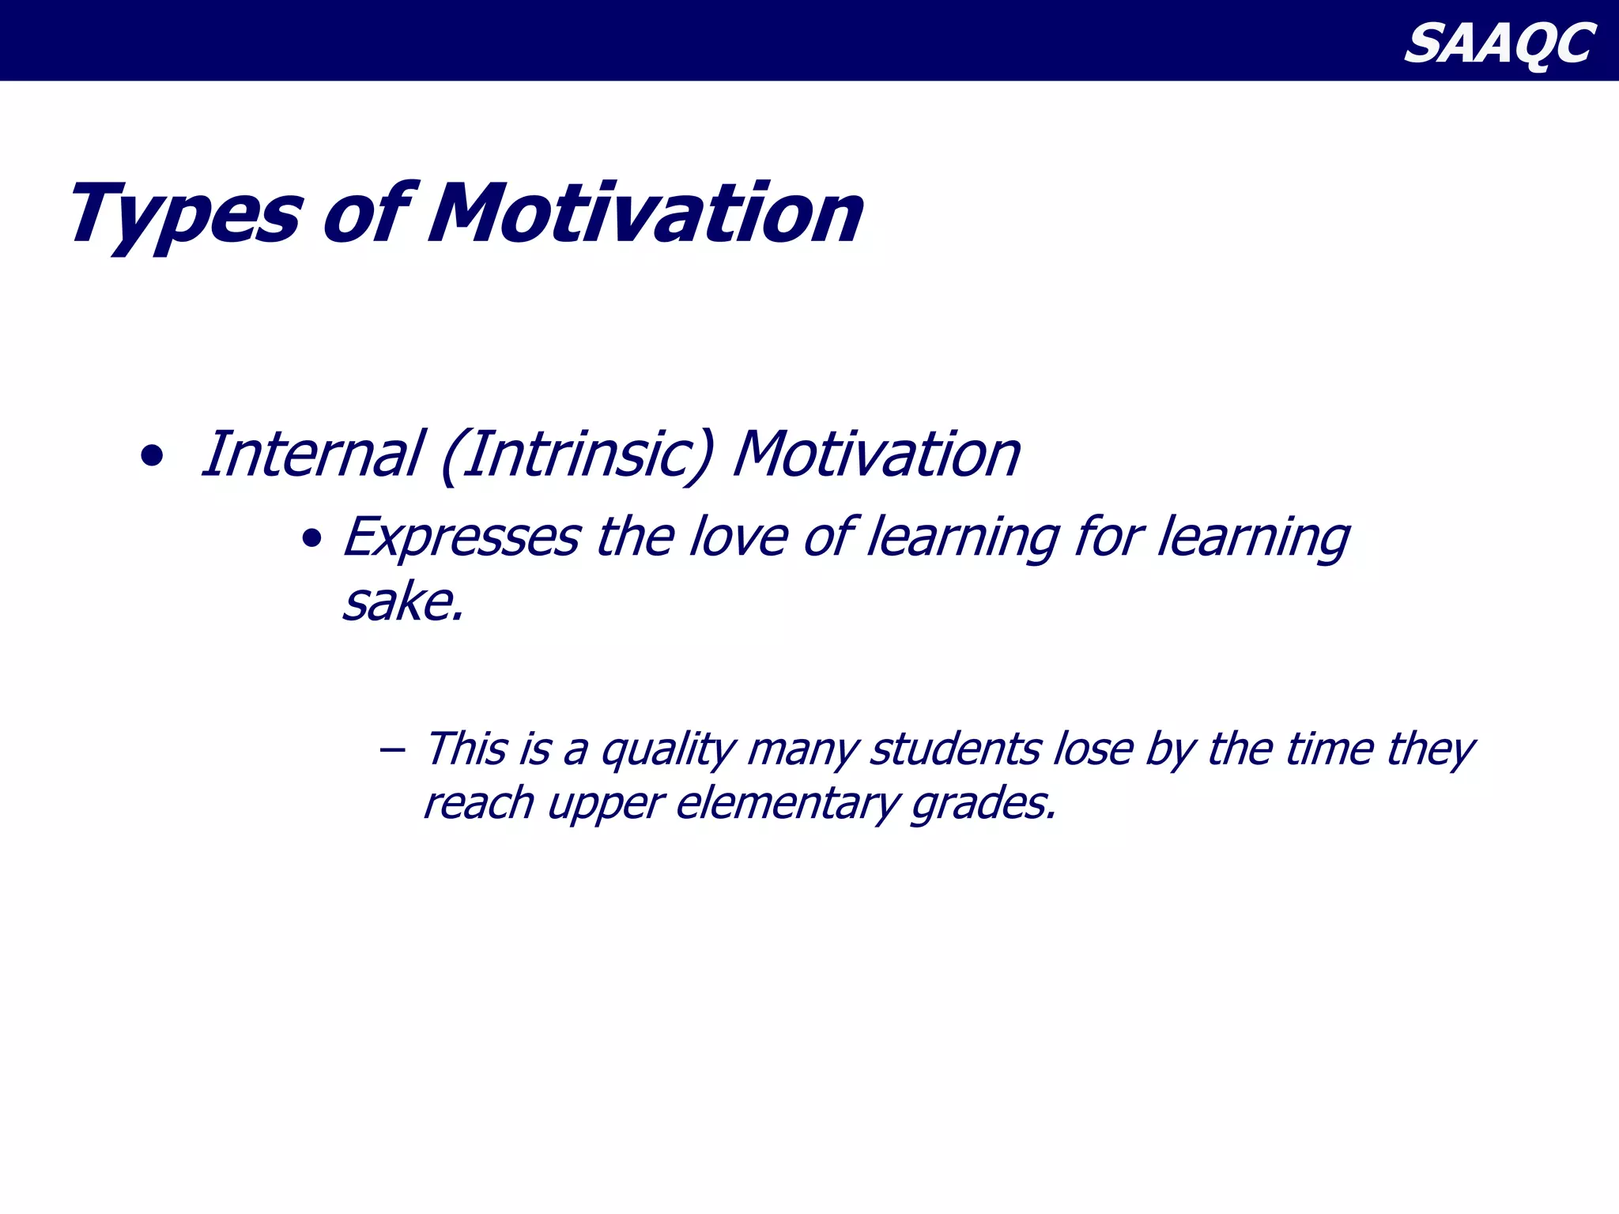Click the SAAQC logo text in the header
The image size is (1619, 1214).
(1499, 43)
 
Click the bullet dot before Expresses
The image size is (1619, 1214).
(311, 540)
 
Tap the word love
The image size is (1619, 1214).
(738, 537)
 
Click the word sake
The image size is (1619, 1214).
(402, 603)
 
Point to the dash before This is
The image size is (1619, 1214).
(391, 748)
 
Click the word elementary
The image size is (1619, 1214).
(787, 804)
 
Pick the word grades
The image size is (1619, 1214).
(983, 804)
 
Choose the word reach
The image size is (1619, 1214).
(479, 803)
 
